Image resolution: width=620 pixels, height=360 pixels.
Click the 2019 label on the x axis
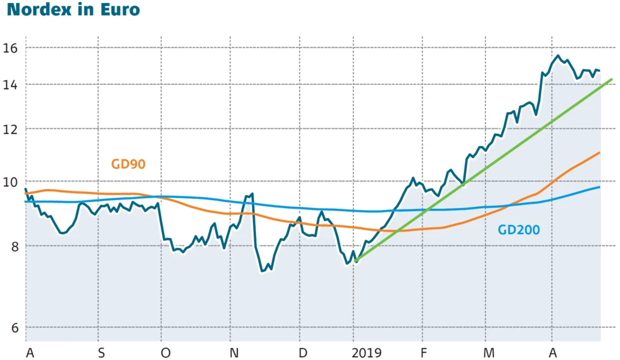click(x=367, y=353)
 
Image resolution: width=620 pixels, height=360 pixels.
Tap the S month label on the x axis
click(x=100, y=353)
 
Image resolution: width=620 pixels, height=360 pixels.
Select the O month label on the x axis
click(x=165, y=353)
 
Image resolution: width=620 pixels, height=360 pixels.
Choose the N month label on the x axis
click(x=234, y=353)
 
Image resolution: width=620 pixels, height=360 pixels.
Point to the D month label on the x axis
click(x=303, y=353)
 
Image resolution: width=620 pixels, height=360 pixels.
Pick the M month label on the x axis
click(x=489, y=353)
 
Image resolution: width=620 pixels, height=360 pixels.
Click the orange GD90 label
click(x=128, y=165)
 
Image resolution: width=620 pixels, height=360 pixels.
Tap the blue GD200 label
click(x=518, y=230)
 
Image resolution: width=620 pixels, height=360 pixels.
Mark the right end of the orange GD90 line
click(x=600, y=152)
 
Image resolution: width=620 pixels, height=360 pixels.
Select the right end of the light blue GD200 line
click(x=600, y=187)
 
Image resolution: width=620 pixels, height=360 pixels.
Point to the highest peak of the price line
click(x=558, y=56)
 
